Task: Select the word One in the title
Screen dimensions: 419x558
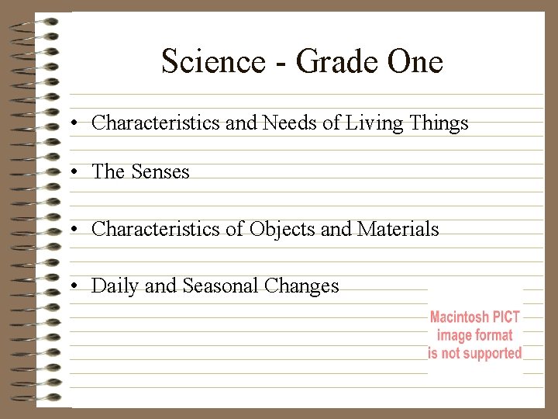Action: pos(415,61)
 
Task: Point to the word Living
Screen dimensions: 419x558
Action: pos(375,123)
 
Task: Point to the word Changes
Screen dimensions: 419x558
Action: pos(301,286)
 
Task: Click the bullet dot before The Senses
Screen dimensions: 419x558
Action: pos(71,172)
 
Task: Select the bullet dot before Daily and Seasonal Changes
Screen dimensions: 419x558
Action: pos(71,287)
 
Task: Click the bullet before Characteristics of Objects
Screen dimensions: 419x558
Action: pos(71,230)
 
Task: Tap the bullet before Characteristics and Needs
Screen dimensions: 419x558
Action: pos(71,123)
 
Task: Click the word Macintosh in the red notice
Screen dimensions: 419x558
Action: pos(460,317)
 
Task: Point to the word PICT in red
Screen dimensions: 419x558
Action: pos(506,317)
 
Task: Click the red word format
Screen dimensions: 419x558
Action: pos(494,335)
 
